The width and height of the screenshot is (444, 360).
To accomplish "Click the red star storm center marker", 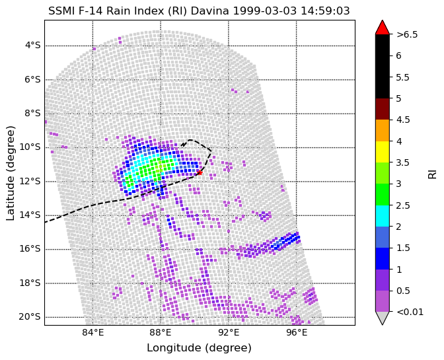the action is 200,172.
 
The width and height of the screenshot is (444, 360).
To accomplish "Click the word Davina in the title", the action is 209,11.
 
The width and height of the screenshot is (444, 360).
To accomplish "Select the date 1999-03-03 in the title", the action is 265,11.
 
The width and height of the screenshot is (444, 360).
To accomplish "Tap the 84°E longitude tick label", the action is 93,333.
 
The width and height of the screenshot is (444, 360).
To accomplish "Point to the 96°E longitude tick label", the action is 297,333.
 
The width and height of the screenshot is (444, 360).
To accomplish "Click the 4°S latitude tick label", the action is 33,46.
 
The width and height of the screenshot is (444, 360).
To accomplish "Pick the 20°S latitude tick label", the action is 30,317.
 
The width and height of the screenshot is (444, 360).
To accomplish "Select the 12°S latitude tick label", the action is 30,182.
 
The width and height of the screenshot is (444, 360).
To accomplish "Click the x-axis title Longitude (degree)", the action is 199,348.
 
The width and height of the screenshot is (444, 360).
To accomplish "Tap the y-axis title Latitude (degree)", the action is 10,173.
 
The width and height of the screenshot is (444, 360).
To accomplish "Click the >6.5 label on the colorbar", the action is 407,34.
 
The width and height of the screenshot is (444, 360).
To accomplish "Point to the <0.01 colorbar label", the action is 410,312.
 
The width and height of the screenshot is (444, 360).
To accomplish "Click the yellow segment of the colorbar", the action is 383,152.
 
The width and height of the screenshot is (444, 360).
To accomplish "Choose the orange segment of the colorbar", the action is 383,131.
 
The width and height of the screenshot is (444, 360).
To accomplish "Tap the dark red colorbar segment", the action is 383,109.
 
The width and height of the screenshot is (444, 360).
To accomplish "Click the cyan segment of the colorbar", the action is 383,216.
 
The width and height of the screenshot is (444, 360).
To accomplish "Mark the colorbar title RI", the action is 432,173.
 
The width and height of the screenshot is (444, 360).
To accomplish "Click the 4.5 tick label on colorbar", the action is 403,120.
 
